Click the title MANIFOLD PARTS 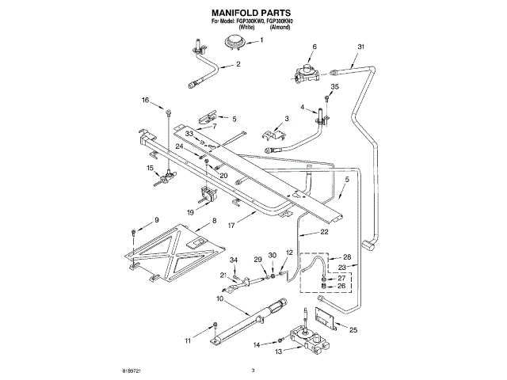click(253, 13)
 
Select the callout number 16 click(145, 101)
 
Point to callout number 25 click(353, 330)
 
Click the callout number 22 click(325, 232)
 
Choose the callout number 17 click(231, 224)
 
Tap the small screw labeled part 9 click(134, 233)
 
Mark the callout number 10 click(219, 299)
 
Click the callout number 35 click(335, 86)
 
